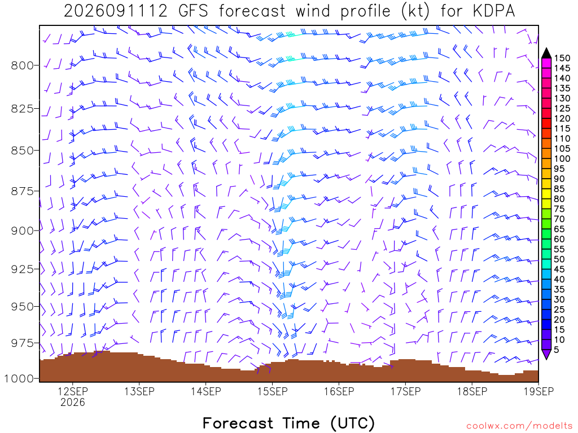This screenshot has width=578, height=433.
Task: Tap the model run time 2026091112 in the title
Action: [x=116, y=11]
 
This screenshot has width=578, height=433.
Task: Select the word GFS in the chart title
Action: [x=193, y=11]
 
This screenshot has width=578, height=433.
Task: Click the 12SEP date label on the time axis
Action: [x=73, y=391]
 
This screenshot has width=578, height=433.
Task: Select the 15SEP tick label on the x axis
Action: [x=273, y=391]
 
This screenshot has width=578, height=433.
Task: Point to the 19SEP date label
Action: [x=538, y=391]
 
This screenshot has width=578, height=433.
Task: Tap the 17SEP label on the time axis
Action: [x=405, y=391]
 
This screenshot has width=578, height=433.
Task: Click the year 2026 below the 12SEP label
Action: [x=73, y=402]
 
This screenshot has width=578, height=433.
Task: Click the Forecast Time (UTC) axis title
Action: [x=288, y=423]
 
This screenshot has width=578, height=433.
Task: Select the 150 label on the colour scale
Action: [x=562, y=58]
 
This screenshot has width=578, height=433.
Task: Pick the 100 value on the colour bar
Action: [x=562, y=158]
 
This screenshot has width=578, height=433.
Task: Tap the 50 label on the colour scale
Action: [x=559, y=259]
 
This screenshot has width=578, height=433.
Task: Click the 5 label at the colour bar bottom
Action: [x=556, y=350]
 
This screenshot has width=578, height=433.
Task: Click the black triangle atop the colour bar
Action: [x=546, y=54]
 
